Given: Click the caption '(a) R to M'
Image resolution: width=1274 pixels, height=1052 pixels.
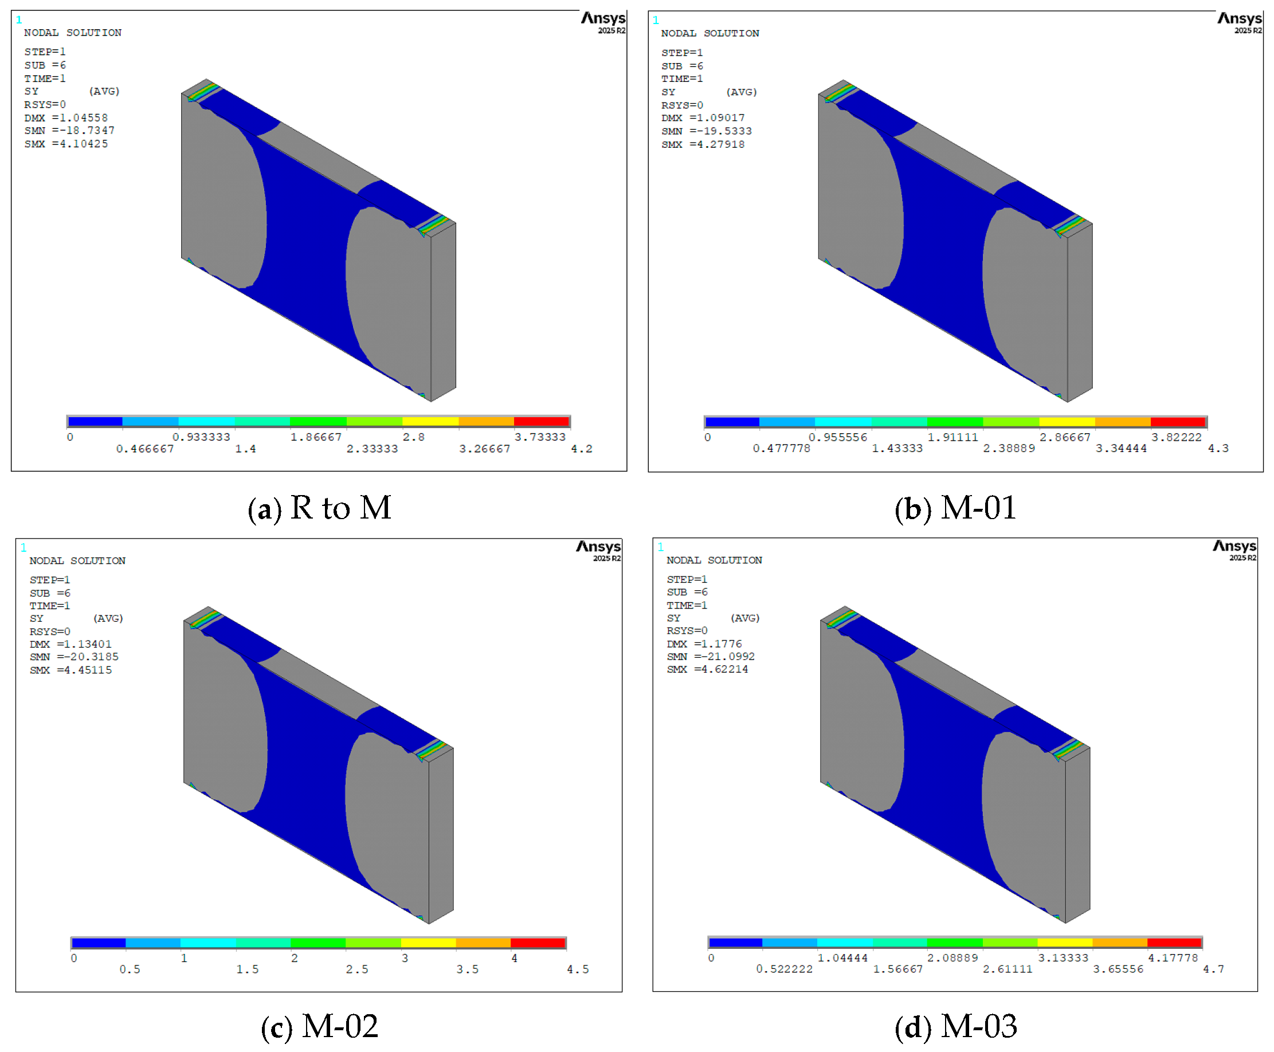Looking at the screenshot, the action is click(x=319, y=508).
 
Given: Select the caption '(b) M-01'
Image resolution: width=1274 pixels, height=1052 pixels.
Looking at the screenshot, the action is click(x=955, y=508).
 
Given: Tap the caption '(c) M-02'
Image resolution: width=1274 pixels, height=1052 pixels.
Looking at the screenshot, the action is click(x=319, y=1027).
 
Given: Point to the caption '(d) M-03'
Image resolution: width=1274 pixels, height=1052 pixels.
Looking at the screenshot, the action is click(x=956, y=1027).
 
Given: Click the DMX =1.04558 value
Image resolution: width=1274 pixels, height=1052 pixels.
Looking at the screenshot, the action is click(x=66, y=117).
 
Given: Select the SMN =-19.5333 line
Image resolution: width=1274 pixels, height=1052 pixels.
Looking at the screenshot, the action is click(x=706, y=131).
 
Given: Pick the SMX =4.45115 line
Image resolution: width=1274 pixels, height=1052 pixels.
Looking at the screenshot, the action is click(x=71, y=670).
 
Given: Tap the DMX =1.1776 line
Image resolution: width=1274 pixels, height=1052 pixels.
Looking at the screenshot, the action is click(x=704, y=643).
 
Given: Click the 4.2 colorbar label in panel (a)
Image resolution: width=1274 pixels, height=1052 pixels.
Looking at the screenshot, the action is click(x=581, y=449).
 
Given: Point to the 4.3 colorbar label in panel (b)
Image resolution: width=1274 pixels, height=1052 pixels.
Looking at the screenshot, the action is click(x=1218, y=448).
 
